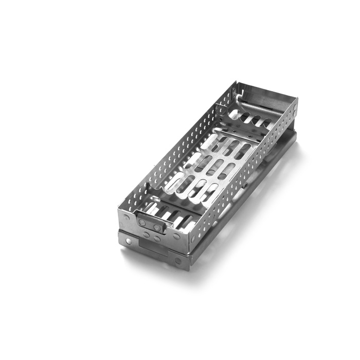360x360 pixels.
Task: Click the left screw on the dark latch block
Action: tap(142, 222)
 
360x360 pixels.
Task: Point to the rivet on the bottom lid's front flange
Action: tap(177, 261)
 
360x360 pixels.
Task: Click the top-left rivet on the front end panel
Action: tap(125, 218)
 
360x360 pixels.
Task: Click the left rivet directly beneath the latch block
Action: tap(147, 234)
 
